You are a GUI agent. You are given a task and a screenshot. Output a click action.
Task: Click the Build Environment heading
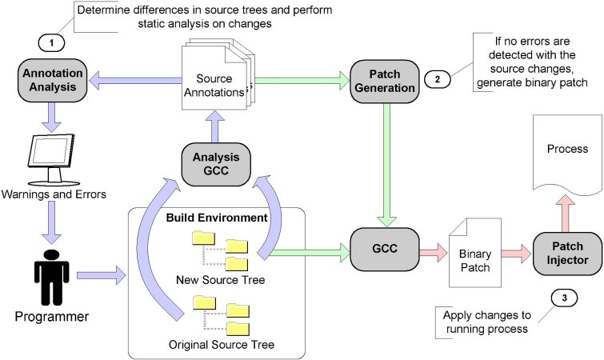[215, 217]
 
